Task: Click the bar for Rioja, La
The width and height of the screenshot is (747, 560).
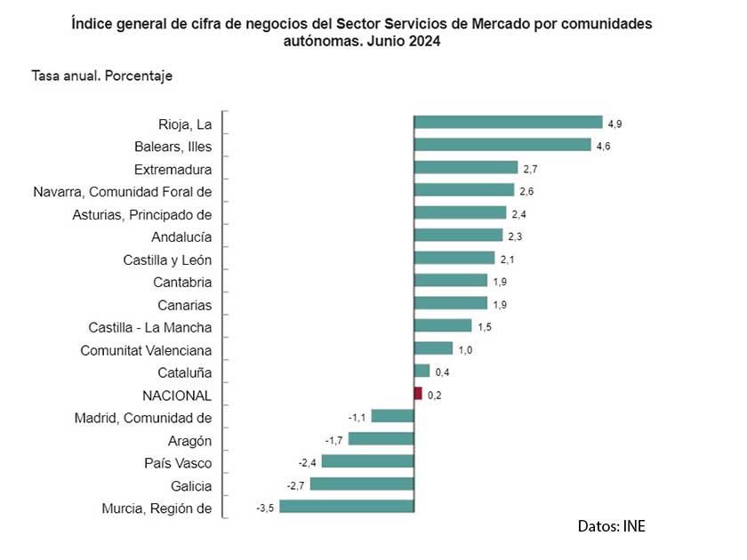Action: click(508, 123)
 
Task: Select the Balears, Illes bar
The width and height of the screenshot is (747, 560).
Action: click(502, 145)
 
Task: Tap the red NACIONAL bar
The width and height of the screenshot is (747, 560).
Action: click(418, 394)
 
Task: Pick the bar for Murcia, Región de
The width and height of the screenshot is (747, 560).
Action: click(346, 507)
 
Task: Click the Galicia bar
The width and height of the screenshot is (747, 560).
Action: click(362, 484)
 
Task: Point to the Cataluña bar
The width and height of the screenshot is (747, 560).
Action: click(422, 372)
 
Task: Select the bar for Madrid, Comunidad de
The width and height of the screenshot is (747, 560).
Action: click(392, 416)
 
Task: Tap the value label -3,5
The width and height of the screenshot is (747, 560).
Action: click(265, 508)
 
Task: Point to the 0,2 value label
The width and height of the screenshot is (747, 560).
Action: click(434, 395)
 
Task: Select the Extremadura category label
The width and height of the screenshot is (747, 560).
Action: click(173, 169)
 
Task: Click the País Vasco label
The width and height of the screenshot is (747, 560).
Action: click(178, 463)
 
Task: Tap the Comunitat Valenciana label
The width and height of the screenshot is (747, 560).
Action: click(146, 350)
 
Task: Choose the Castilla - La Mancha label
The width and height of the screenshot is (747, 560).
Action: click(150, 327)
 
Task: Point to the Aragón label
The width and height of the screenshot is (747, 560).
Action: click(189, 441)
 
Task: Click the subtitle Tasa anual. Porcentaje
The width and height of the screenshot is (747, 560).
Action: click(101, 76)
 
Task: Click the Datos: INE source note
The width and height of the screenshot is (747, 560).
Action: click(611, 526)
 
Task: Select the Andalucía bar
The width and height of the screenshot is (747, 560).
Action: click(456, 236)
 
